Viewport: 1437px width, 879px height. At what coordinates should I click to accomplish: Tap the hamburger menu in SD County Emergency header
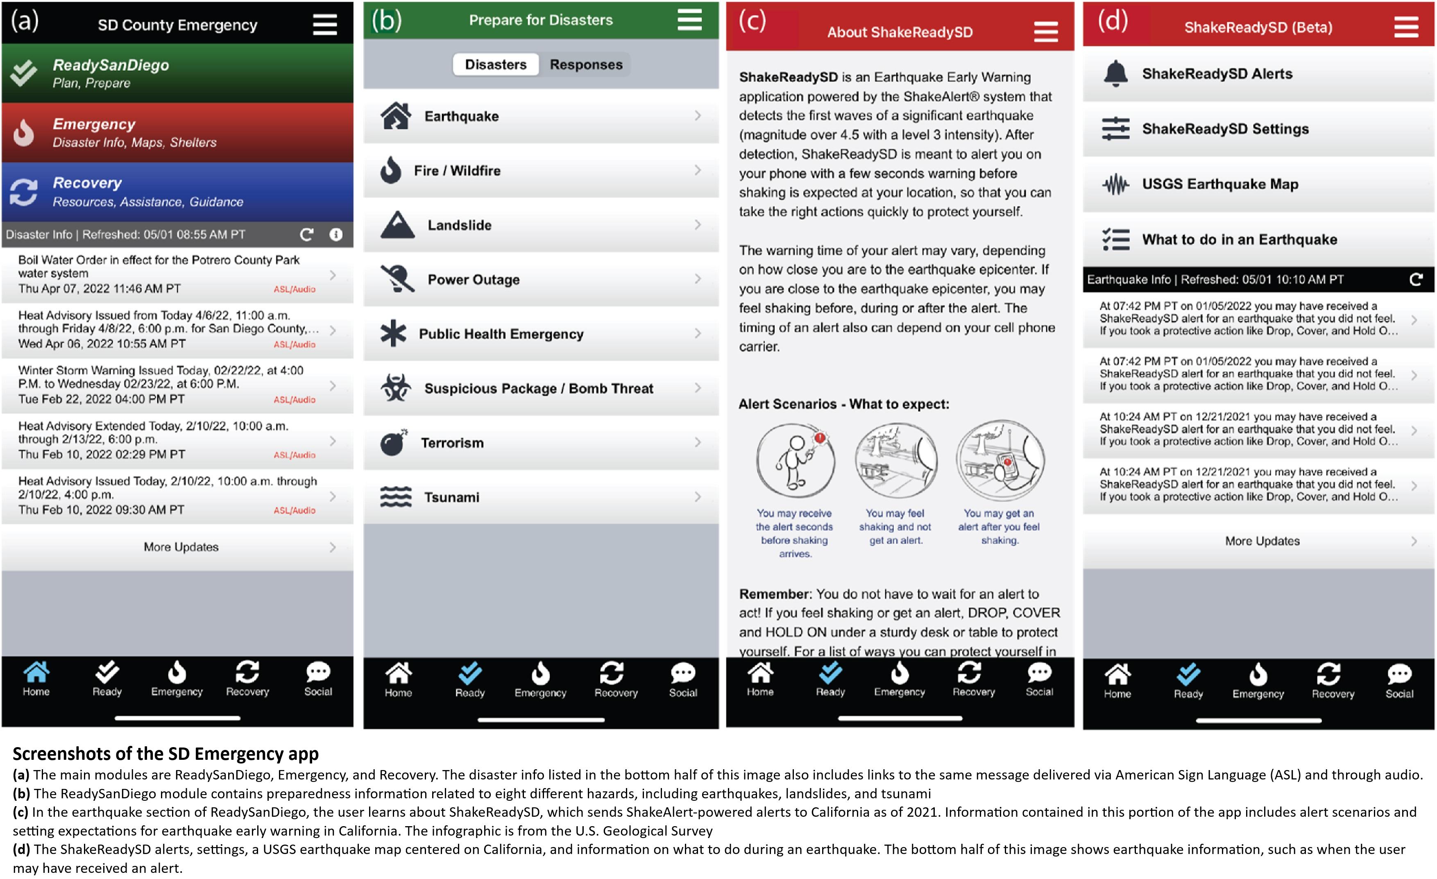325,25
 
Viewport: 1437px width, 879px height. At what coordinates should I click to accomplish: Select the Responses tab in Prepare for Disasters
586,64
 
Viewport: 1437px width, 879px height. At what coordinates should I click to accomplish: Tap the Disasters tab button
496,64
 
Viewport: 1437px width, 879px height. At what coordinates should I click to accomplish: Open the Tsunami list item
541,497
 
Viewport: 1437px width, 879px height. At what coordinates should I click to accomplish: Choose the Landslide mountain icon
397,224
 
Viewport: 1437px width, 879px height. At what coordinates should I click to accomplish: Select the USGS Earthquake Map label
1220,184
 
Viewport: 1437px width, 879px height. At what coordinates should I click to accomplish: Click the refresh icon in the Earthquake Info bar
1415,279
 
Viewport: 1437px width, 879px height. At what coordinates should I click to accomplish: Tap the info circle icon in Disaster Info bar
336,234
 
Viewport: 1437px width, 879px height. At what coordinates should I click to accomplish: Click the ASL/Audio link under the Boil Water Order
295,289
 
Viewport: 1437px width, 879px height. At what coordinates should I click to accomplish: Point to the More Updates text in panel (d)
1262,541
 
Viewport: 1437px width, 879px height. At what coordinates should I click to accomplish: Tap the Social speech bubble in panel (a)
318,672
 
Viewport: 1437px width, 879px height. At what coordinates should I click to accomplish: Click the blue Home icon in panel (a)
36,672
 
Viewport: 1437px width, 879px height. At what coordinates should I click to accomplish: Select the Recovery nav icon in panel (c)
969,673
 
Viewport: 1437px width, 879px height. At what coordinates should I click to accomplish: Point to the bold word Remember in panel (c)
775,594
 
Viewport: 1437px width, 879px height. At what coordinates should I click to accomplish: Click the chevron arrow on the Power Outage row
698,279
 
